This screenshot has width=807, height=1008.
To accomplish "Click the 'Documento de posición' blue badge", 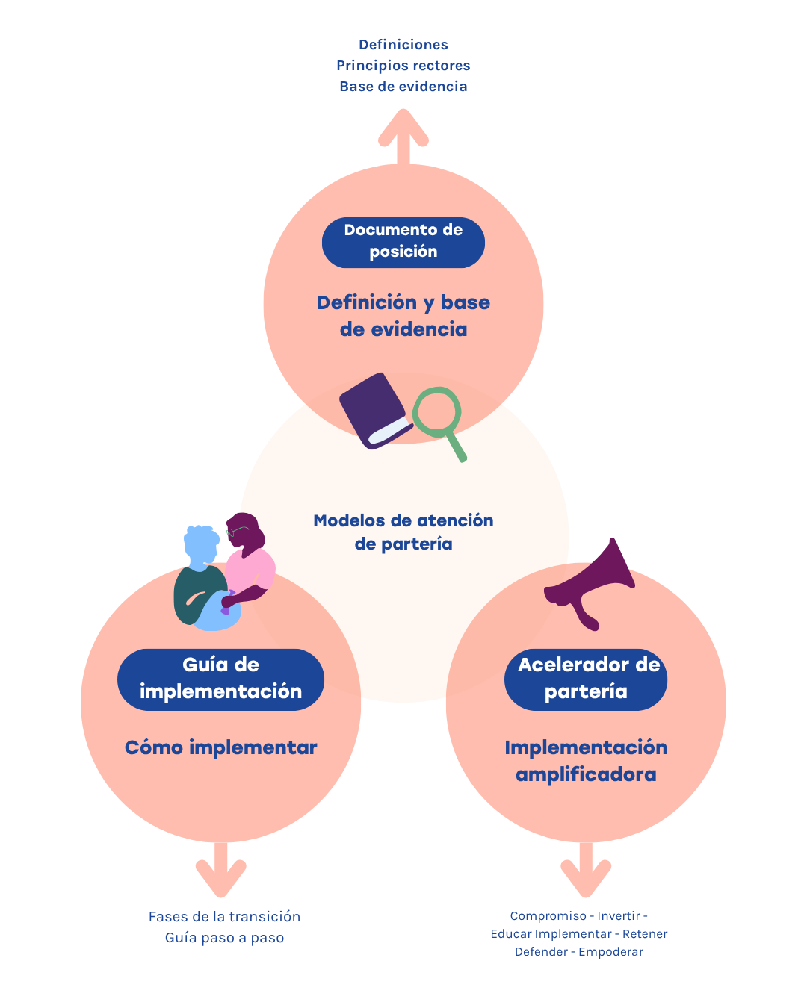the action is pyautogui.click(x=403, y=243).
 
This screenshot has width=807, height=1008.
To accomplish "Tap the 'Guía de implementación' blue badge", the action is pyautogui.click(x=220, y=679).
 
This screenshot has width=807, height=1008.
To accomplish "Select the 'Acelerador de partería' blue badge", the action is pyautogui.click(x=586, y=679).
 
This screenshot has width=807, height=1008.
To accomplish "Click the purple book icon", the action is pyautogui.click(x=375, y=411).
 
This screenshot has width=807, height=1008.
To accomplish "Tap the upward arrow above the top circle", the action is pyautogui.click(x=403, y=137).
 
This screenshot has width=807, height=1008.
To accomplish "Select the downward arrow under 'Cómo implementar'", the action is pyautogui.click(x=220, y=870).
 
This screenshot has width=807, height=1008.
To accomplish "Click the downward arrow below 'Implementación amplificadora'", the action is pyautogui.click(x=586, y=870).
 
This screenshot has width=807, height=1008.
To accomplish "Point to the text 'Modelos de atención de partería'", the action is pyautogui.click(x=403, y=532).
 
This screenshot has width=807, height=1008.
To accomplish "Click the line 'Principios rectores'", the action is pyautogui.click(x=403, y=66).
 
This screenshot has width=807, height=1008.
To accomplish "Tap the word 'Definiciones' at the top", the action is pyautogui.click(x=403, y=45).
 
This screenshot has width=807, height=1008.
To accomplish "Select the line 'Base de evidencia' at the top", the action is pyautogui.click(x=403, y=87).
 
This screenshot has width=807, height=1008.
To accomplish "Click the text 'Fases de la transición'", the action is pyautogui.click(x=224, y=917).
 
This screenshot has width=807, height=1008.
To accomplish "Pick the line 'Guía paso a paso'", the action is pyautogui.click(x=224, y=938).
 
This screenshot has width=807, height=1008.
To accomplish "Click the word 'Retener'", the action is pyautogui.click(x=645, y=934).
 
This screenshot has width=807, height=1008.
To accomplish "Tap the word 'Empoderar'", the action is pyautogui.click(x=611, y=952).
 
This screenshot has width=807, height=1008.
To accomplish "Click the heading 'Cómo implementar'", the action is pyautogui.click(x=220, y=747).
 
